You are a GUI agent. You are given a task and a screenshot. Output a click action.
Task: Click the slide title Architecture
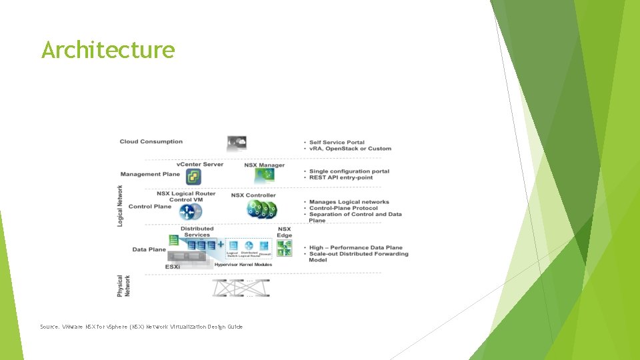click(x=108, y=50)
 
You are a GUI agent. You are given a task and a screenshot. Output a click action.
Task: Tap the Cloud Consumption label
click(x=151, y=141)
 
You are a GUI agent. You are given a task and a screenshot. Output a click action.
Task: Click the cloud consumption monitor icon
click(x=237, y=143)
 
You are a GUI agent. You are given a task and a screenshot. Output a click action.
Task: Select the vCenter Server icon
click(x=193, y=177)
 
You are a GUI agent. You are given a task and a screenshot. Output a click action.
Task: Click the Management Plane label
click(x=150, y=174)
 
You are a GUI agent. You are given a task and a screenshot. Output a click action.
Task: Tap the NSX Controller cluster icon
click(x=261, y=209)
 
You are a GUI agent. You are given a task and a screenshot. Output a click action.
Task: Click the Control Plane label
click(x=149, y=207)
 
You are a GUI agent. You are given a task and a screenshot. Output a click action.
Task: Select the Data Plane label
click(x=149, y=249)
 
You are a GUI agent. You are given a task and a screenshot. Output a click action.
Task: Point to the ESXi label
click(x=173, y=267)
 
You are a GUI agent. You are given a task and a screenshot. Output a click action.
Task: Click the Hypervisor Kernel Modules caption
click(x=243, y=265)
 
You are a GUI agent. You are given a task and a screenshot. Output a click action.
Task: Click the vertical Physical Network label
click(x=124, y=286)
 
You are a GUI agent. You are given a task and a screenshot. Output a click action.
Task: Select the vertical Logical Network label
click(x=121, y=205)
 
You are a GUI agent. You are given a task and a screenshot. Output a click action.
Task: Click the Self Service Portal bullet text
click(x=337, y=142)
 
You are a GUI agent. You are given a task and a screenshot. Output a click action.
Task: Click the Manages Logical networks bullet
click(x=349, y=202)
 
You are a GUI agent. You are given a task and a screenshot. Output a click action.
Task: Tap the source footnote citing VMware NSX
click(x=141, y=327)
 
